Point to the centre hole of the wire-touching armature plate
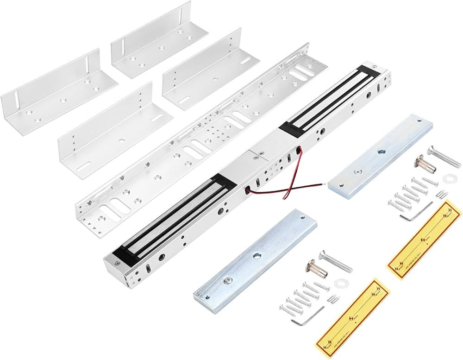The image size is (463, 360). coord(381,152)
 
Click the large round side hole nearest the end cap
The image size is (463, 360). coord(163,257)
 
